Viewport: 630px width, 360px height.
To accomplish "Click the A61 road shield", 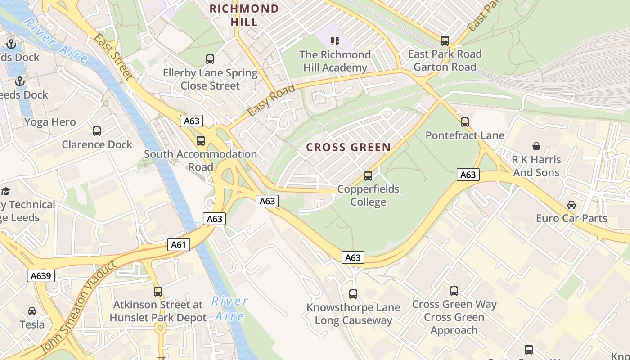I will (x=179, y=245).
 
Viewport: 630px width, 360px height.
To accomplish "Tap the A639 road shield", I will (x=41, y=276).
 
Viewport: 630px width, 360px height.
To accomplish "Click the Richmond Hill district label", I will (x=244, y=15).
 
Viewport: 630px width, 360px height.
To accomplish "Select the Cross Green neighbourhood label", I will (x=348, y=147).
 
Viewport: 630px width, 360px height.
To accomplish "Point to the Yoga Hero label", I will (x=50, y=122).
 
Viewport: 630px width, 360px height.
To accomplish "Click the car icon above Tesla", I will (x=32, y=311).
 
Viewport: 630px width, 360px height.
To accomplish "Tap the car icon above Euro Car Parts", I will (x=571, y=205).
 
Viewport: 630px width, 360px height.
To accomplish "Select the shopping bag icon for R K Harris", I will (x=536, y=146).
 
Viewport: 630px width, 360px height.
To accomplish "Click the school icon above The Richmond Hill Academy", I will (x=335, y=41).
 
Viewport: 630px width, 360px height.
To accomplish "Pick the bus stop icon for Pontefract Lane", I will (x=464, y=122).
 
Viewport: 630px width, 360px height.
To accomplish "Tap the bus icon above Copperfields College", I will (x=368, y=175).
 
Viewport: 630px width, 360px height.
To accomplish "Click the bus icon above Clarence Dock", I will (x=97, y=131).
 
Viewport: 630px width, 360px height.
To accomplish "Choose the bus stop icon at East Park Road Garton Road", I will (x=445, y=41).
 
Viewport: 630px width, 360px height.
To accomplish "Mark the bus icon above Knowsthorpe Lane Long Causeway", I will (x=353, y=294).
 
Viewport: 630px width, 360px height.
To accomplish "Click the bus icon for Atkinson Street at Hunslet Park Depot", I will (x=157, y=291).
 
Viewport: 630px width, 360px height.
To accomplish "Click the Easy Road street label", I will (x=271, y=100).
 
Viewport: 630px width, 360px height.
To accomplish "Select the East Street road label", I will (x=113, y=58).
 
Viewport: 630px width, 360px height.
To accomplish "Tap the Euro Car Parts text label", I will (x=571, y=219).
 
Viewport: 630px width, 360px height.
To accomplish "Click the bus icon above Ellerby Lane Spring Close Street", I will (x=210, y=59).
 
